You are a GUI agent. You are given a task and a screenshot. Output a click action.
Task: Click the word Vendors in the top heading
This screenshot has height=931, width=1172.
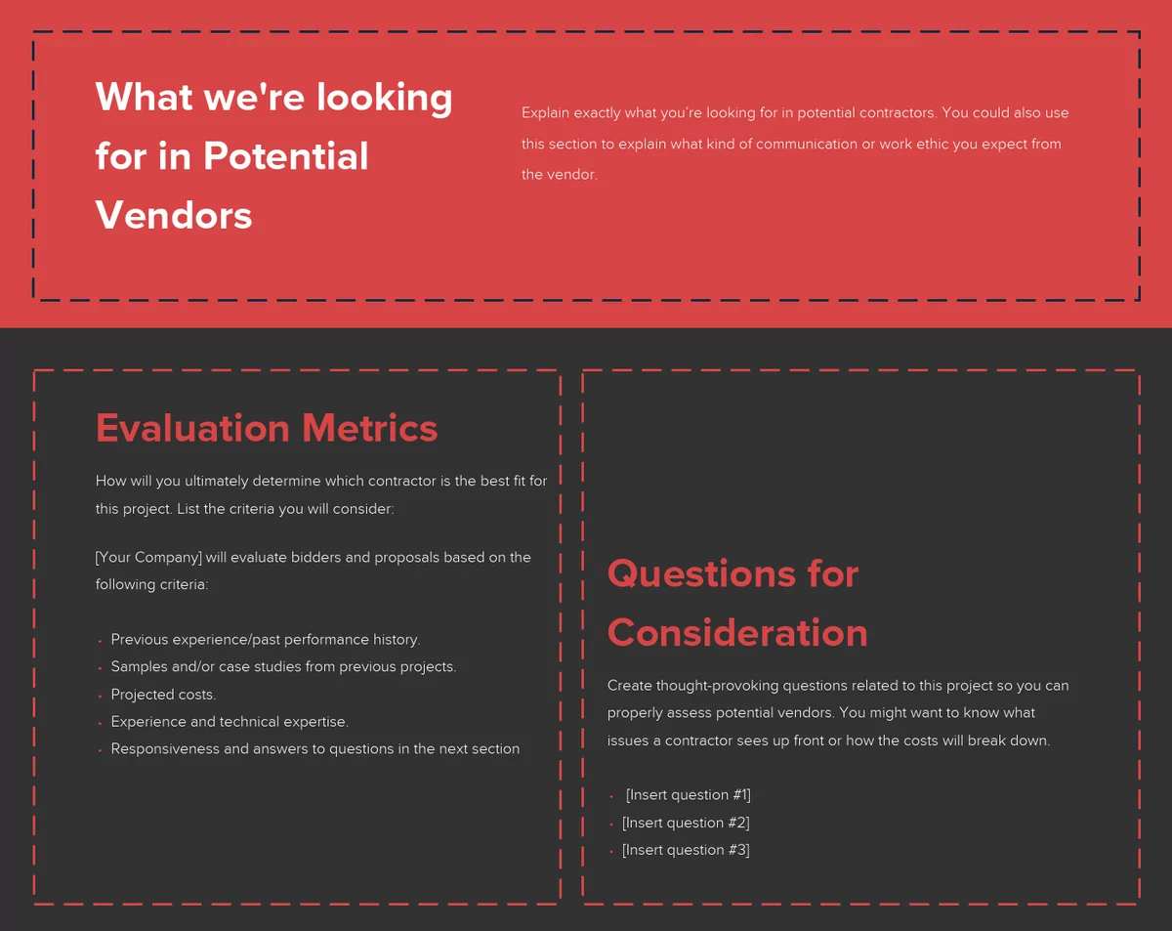point(174,215)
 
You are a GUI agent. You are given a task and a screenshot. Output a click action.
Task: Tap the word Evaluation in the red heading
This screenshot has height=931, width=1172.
point(192,428)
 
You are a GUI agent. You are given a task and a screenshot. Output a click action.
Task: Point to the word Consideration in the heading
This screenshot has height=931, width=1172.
point(737,633)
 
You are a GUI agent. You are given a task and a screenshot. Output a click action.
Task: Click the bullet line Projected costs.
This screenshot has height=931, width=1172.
point(163,695)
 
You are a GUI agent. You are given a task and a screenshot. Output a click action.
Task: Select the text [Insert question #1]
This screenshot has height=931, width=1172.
point(688,795)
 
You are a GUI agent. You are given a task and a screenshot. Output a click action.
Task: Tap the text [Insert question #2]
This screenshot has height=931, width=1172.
point(686,823)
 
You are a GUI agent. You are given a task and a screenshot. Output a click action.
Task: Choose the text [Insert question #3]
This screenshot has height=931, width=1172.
point(686,850)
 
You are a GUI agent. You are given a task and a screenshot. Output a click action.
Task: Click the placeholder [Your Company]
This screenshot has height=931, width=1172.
point(148,557)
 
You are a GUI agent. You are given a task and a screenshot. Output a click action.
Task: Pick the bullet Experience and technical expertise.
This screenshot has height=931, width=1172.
point(230,722)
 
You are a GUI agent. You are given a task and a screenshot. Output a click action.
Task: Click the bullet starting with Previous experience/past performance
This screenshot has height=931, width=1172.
point(265,640)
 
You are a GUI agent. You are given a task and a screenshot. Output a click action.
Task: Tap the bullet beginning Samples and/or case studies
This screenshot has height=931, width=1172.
point(283,667)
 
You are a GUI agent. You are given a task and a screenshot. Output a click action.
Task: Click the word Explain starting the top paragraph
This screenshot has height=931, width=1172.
point(544,113)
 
